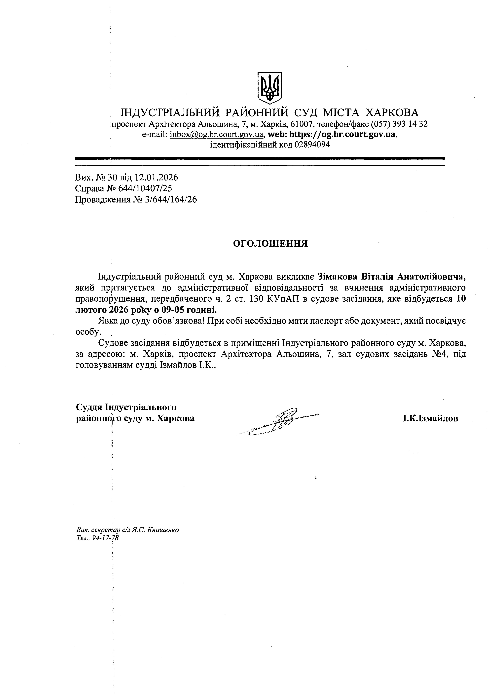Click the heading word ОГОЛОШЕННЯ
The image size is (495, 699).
coord(270,243)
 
